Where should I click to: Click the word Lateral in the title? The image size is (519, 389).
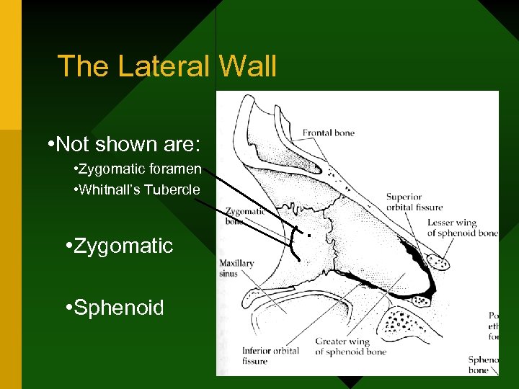click(164, 66)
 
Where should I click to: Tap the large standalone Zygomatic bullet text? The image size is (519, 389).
click(123, 246)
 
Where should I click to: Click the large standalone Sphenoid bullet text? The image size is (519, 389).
click(119, 308)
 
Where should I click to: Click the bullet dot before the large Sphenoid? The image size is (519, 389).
click(66, 308)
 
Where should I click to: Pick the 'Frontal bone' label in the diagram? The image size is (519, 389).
click(328, 133)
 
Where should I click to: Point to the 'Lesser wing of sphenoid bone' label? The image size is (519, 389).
click(462, 228)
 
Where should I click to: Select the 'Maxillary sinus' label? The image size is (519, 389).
click(237, 269)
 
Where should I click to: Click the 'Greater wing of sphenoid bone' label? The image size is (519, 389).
click(350, 346)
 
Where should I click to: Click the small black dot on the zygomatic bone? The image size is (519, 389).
click(309, 236)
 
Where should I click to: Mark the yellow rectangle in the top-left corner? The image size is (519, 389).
click(11, 65)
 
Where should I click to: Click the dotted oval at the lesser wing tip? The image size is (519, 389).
click(438, 261)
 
